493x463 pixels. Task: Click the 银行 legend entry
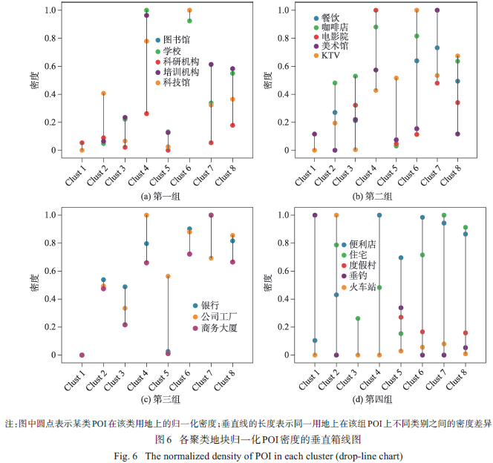coord(209,305)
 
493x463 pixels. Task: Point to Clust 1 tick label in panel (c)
coord(77,378)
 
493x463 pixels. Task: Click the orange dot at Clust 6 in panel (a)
coord(189,10)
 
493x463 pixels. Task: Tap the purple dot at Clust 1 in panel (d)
coord(315,215)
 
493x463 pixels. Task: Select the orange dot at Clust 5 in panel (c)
coord(168,276)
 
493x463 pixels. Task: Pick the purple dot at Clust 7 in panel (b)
coord(437,10)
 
